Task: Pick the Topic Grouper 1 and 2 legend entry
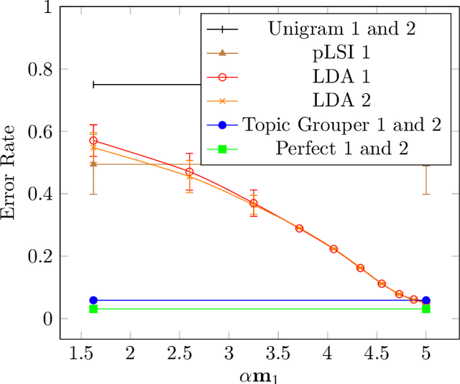click(x=341, y=125)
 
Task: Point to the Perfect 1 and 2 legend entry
click(x=342, y=149)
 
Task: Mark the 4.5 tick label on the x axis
click(x=377, y=353)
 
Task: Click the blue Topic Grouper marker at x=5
click(x=426, y=300)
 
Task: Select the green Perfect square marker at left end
click(x=93, y=309)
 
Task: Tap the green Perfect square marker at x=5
click(x=426, y=309)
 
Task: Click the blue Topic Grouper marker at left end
click(x=93, y=300)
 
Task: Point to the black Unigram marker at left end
click(x=93, y=85)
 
